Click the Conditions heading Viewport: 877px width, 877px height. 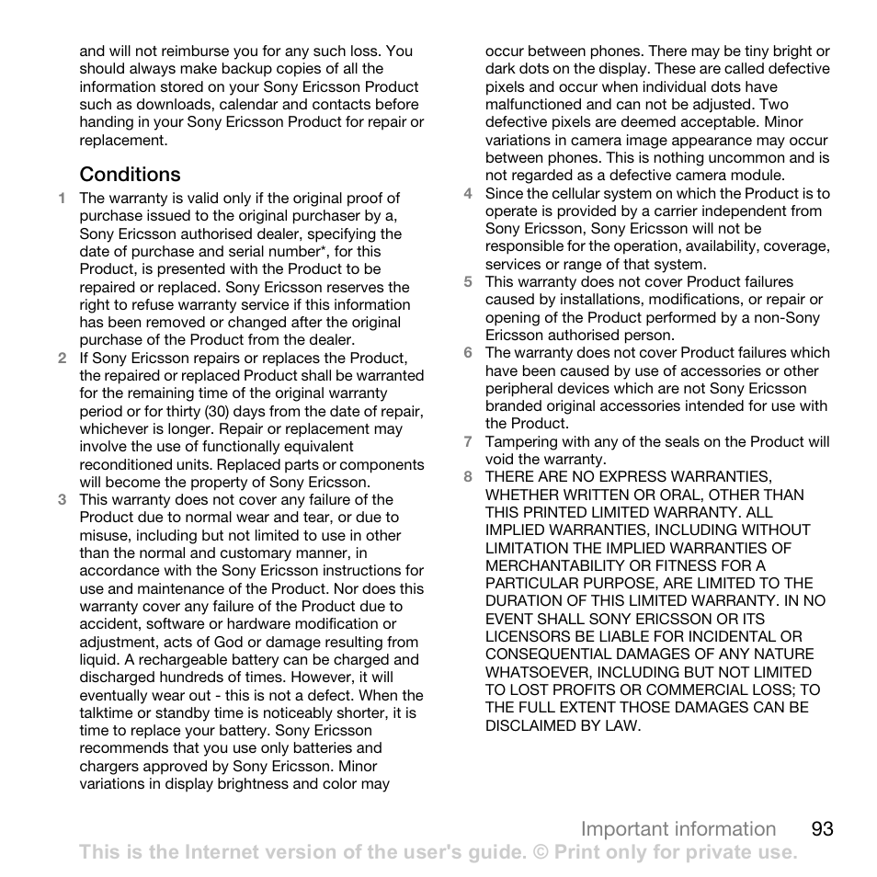[130, 174]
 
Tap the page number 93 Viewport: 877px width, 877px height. [823, 828]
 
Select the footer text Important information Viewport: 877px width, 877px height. [678, 828]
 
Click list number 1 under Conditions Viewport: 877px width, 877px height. [62, 198]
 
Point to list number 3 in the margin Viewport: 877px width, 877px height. [62, 500]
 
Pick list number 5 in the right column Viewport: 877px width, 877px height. [467, 282]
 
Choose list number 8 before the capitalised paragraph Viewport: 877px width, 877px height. [467, 476]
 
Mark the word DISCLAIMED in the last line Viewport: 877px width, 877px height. [530, 725]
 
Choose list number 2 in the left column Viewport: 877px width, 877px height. [62, 359]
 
